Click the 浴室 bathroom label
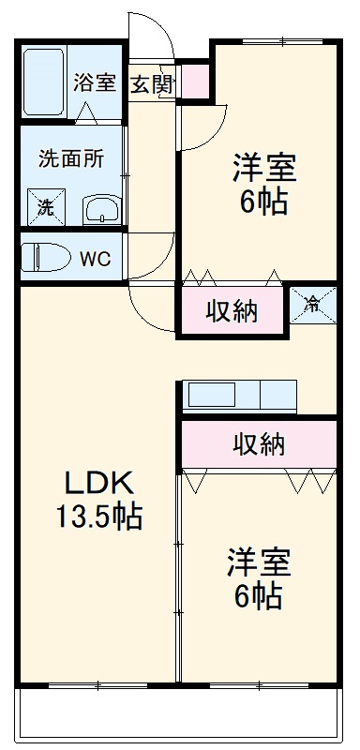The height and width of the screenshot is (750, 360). pos(96,82)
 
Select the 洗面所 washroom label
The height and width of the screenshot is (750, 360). pos(71,158)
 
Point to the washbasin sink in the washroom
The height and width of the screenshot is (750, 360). pos(100,209)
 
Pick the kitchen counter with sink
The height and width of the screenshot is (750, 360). pos(240,396)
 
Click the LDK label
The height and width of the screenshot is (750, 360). pos(100,484)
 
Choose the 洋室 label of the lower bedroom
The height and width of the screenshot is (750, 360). pos(258,562)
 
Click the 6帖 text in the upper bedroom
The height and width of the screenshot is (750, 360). pos(263,202)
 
